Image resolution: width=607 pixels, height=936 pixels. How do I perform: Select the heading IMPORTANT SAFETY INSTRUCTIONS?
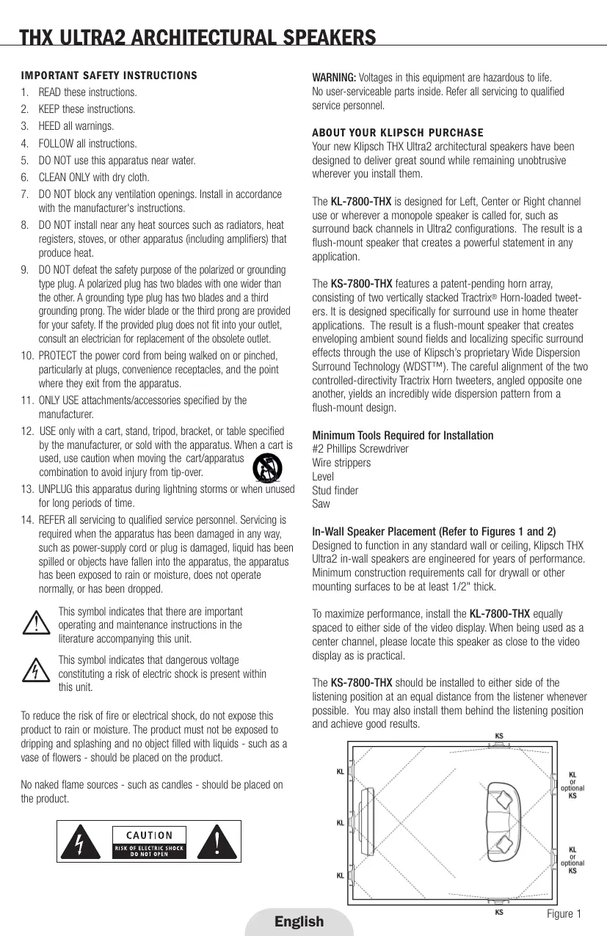(x=109, y=76)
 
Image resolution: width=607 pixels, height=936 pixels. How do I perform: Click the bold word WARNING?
(x=335, y=78)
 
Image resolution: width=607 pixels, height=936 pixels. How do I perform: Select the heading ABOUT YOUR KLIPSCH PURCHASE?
(x=398, y=133)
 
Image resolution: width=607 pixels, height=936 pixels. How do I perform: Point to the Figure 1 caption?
(x=564, y=913)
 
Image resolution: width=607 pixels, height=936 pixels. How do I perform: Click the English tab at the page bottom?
(x=299, y=921)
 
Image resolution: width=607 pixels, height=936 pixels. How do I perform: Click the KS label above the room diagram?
(x=499, y=736)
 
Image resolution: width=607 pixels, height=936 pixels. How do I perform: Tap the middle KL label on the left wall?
(x=341, y=822)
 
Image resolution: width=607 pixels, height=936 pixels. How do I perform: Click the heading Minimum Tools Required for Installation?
(x=403, y=436)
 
